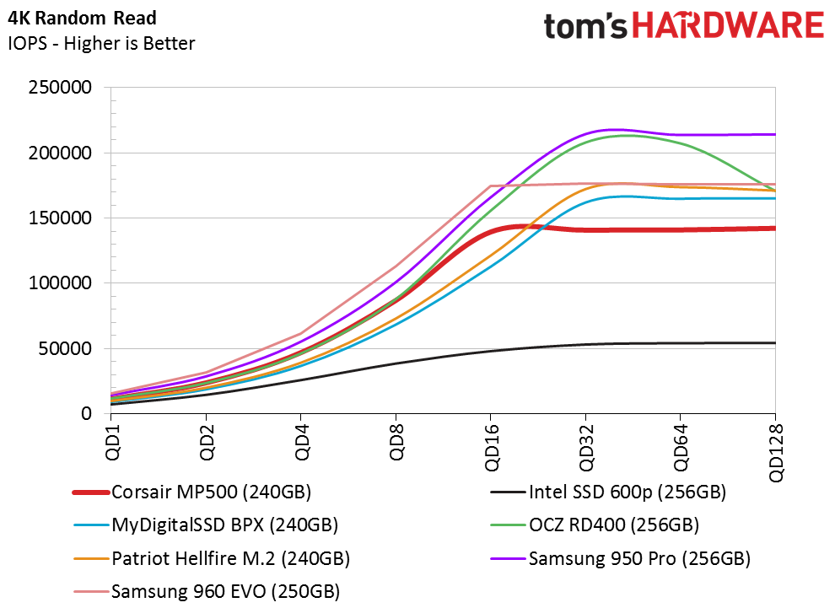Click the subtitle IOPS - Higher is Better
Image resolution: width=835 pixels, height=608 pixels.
(101, 43)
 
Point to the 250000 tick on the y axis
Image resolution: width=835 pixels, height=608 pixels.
(62, 88)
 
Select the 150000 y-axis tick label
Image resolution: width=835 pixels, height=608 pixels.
(62, 218)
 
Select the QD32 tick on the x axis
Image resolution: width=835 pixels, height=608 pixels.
(586, 443)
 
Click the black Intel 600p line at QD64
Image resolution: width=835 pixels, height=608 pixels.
(681, 343)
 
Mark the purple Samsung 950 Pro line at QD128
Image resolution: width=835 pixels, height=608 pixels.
(773, 134)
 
